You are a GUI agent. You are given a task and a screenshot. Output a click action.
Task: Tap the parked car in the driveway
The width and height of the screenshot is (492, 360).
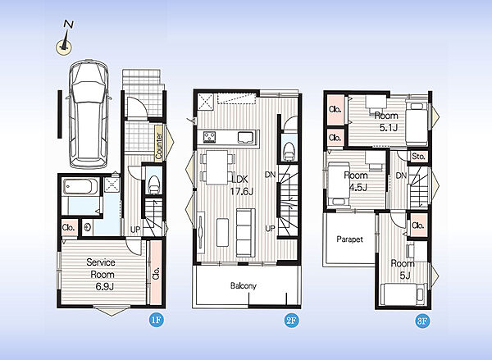point(89,114)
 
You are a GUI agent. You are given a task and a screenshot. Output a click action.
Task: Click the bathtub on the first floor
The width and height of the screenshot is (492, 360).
point(80,186)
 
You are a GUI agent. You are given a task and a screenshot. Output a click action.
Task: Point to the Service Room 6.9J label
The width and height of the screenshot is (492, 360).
point(102,275)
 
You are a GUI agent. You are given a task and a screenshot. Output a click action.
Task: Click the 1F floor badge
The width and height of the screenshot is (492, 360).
point(157,320)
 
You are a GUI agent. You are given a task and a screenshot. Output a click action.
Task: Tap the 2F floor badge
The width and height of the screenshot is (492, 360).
point(291,320)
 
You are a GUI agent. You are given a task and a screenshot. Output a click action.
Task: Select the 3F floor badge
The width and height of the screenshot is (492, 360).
point(422,321)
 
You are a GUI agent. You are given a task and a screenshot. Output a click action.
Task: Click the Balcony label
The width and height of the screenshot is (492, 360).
point(244,285)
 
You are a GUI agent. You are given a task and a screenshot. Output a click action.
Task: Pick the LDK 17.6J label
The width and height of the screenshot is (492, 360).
point(241,185)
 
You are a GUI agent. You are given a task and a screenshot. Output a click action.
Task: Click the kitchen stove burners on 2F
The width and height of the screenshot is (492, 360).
point(209,137)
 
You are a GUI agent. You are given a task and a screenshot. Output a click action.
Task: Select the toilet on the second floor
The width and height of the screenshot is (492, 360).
point(289,152)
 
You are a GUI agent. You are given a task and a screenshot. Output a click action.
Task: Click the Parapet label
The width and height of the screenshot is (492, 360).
point(349,239)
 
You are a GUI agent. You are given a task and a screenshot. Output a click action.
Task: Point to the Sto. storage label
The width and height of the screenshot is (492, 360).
point(418,156)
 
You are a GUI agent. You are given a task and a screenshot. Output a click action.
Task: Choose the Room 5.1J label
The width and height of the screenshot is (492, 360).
point(386,121)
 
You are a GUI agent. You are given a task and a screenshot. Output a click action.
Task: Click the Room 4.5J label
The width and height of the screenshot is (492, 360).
point(356,181)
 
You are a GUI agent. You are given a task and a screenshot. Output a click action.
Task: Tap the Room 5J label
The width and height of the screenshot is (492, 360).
point(403,269)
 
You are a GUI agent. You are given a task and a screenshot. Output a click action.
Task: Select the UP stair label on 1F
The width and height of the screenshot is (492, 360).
point(135,230)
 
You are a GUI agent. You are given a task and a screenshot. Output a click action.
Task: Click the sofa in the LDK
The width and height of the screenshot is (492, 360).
point(245,233)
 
